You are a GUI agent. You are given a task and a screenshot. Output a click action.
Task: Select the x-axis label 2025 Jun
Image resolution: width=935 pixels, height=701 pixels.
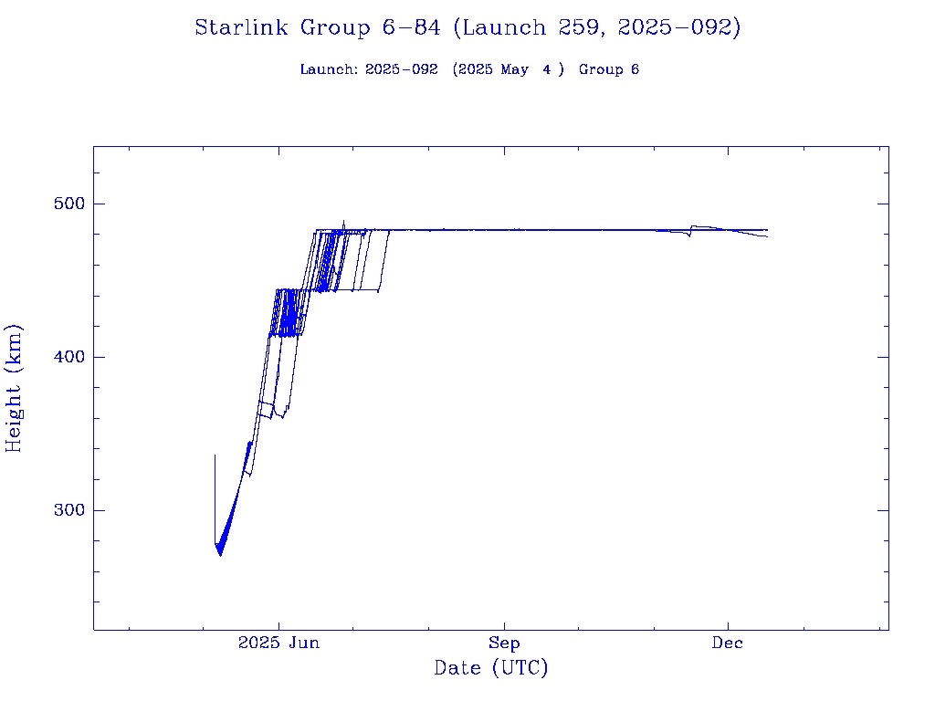[278, 643]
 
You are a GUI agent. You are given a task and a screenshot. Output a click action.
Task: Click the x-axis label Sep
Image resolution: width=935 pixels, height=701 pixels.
[503, 643]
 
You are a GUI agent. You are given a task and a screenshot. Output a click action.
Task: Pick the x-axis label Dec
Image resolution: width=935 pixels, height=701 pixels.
[728, 643]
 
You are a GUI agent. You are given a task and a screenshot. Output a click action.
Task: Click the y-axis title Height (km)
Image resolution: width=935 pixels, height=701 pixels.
[15, 388]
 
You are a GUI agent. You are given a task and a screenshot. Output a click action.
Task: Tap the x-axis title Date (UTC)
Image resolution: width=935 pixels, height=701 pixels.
[491, 668]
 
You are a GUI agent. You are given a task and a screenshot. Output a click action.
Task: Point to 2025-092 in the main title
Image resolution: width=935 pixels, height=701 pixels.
[678, 27]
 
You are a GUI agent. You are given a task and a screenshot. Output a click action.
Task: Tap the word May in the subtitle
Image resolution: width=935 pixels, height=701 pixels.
[514, 69]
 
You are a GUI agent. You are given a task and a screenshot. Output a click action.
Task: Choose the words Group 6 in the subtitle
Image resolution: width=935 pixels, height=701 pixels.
[608, 69]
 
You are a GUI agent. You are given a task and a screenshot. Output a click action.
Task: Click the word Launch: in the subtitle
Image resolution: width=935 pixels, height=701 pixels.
[329, 69]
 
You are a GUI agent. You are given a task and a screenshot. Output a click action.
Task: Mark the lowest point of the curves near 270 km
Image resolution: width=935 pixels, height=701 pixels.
[220, 554]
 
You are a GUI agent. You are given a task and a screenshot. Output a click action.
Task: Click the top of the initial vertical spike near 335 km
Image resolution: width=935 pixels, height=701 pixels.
[215, 455]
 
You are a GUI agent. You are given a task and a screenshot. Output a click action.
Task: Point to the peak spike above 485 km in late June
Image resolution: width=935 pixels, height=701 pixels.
[343, 221]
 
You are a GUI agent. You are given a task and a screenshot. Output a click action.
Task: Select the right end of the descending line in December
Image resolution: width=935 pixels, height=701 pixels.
[767, 236]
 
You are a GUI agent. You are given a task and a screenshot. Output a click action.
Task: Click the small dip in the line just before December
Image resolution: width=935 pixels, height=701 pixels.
[689, 235]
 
